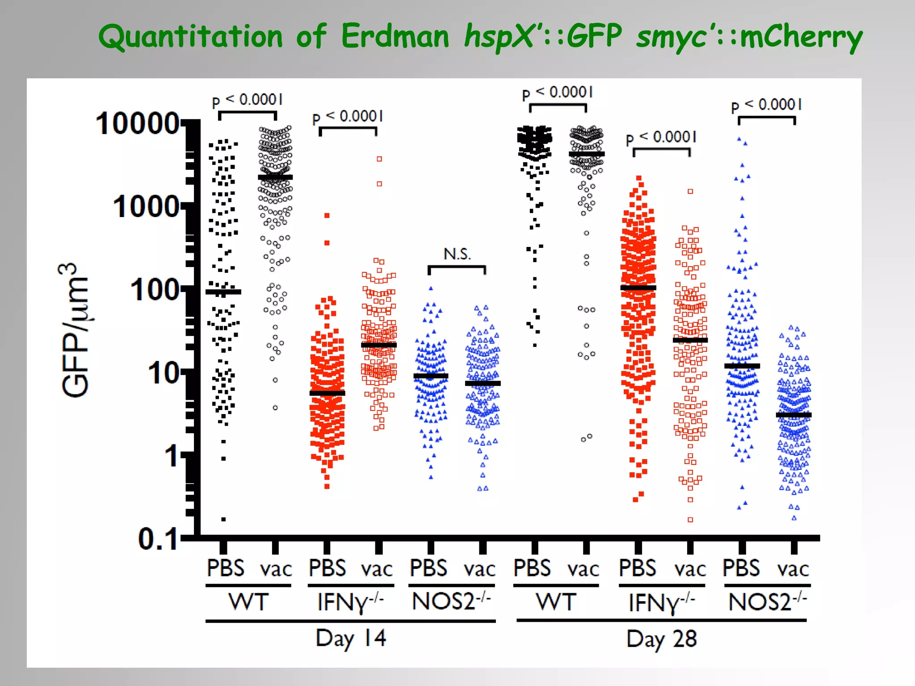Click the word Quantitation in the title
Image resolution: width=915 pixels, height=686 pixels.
(190, 37)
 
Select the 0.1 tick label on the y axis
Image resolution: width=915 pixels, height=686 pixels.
(158, 539)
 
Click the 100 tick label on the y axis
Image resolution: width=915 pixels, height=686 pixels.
(155, 290)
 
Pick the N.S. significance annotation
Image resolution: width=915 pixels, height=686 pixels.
(457, 254)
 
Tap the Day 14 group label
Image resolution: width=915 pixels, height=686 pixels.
(351, 638)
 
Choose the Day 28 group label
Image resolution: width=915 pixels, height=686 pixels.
(661, 639)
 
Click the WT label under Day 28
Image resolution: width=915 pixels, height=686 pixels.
(556, 602)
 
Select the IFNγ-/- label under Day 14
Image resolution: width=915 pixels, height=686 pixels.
(350, 602)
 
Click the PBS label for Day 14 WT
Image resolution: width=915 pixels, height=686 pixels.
(226, 568)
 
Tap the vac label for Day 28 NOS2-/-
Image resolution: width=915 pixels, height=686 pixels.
(793, 569)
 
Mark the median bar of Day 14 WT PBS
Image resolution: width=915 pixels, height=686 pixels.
(223, 292)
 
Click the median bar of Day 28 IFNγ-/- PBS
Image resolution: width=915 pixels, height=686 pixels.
(638, 288)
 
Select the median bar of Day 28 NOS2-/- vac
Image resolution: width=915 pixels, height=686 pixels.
(794, 415)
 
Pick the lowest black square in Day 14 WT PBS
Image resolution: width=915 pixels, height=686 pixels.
(223, 519)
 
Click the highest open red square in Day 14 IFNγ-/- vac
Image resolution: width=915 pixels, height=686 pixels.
(379, 159)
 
